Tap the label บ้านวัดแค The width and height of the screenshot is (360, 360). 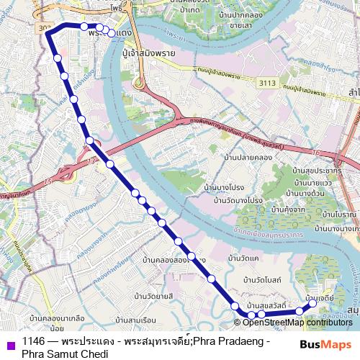(x=242, y=257)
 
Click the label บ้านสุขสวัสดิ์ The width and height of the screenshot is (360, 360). (x=266, y=306)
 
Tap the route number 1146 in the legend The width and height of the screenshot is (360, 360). (x=35, y=341)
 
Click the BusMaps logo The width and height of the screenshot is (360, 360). (x=325, y=344)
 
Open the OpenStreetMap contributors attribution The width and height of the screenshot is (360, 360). (x=297, y=323)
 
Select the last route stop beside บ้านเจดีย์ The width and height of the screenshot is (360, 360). (x=313, y=305)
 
